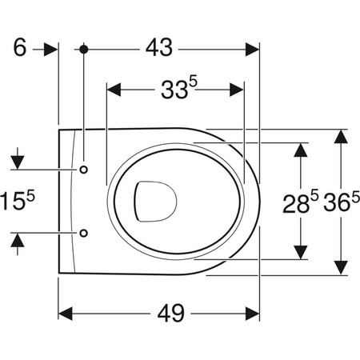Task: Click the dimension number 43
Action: click(159, 48)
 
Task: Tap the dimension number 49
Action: click(171, 313)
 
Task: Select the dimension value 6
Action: click(20, 48)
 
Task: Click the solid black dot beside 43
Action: click(84, 49)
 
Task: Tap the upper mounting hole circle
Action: click(84, 170)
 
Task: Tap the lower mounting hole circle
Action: click(84, 233)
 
